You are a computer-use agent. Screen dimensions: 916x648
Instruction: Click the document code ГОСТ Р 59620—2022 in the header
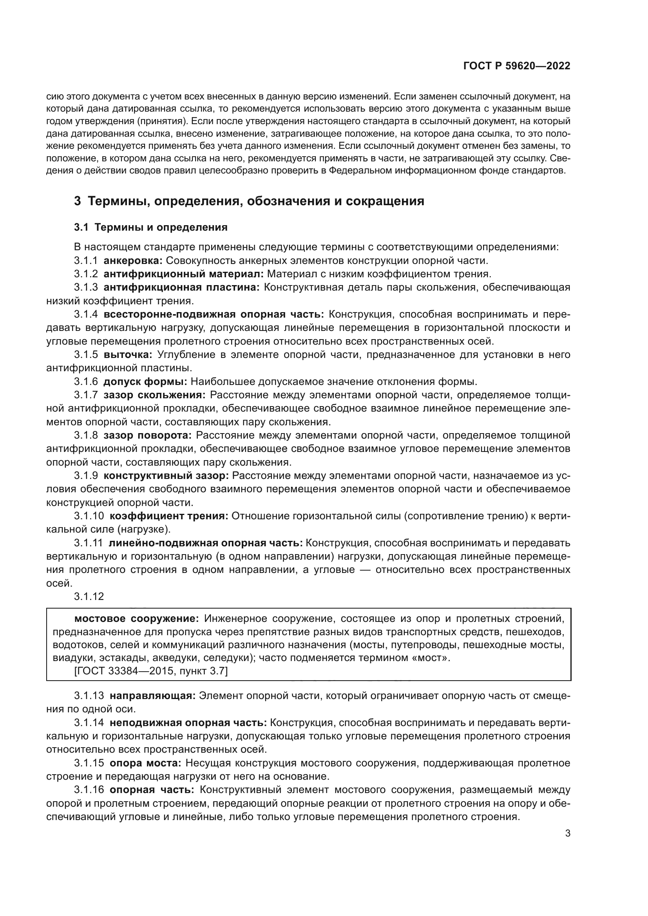516,66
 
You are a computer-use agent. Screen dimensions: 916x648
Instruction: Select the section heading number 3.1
81,228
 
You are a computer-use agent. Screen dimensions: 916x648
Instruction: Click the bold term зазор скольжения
154,395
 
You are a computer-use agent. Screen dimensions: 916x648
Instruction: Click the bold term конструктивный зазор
166,475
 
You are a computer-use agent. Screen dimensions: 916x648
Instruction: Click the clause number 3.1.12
89,596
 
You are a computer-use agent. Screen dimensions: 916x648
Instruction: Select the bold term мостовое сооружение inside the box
136,619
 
